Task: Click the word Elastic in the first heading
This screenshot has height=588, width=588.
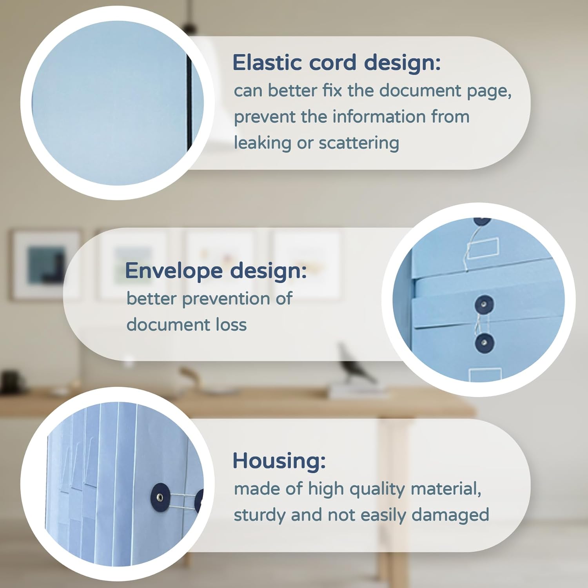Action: (267, 62)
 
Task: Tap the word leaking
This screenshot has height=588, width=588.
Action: (262, 143)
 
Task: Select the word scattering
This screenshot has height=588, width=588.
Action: (359, 143)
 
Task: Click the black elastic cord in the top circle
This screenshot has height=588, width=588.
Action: (189, 103)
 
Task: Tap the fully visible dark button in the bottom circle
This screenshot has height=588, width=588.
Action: (160, 498)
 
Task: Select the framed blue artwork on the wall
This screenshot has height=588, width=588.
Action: (46, 265)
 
